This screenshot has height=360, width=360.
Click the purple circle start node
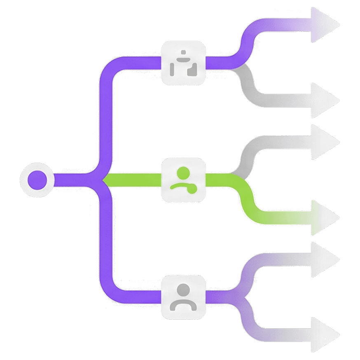point(37,180)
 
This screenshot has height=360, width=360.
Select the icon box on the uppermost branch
point(183,63)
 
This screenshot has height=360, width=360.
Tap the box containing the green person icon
point(183,180)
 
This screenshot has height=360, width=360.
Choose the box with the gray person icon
point(183,297)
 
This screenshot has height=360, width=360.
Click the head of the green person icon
point(183,173)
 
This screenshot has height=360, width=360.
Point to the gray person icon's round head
point(183,289)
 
